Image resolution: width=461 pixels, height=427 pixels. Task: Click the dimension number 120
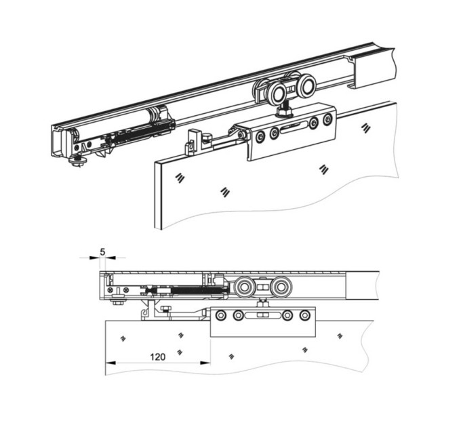point(158,357)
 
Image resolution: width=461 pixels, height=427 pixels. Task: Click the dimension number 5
point(102,252)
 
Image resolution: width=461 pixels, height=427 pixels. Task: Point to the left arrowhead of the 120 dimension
point(111,363)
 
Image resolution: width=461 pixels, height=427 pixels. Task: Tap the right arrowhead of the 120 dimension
point(205,363)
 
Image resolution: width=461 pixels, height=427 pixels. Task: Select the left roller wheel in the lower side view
point(244,287)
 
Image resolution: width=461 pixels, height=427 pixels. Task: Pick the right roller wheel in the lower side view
point(281,287)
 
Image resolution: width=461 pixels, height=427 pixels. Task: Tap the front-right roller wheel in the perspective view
point(306,85)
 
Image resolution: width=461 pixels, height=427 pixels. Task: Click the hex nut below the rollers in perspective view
point(285,112)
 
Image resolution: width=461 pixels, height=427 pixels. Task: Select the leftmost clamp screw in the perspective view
point(260,137)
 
